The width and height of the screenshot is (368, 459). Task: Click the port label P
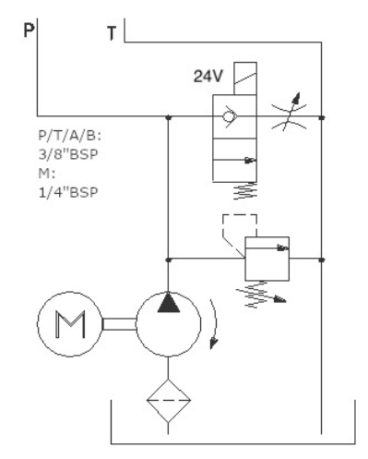[x=29, y=30]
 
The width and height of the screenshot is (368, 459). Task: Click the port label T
[x=112, y=33]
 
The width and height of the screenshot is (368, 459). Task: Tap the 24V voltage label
[x=208, y=76]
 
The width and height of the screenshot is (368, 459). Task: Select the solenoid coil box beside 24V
[x=245, y=79]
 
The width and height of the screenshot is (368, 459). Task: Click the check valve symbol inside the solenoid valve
[x=230, y=116]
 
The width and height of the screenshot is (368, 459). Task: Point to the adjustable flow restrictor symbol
[x=289, y=115]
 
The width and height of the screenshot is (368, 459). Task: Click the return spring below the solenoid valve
[x=245, y=191]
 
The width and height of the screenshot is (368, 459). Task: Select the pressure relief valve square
[x=267, y=259]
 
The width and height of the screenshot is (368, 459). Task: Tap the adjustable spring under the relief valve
[x=260, y=295]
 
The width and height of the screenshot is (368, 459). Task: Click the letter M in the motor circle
[x=70, y=324]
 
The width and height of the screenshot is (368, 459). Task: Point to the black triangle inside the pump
[x=169, y=302]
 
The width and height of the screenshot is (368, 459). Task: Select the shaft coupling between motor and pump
[x=119, y=324]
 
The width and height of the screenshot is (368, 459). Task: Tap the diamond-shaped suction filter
[x=168, y=401]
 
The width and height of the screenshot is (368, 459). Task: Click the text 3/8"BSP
[x=68, y=154]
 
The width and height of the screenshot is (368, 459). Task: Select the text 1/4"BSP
[x=68, y=193]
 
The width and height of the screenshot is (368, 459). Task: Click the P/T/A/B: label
[x=70, y=136]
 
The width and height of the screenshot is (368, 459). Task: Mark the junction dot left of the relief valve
[x=168, y=260]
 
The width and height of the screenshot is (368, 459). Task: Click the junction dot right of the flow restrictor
[x=322, y=117]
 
